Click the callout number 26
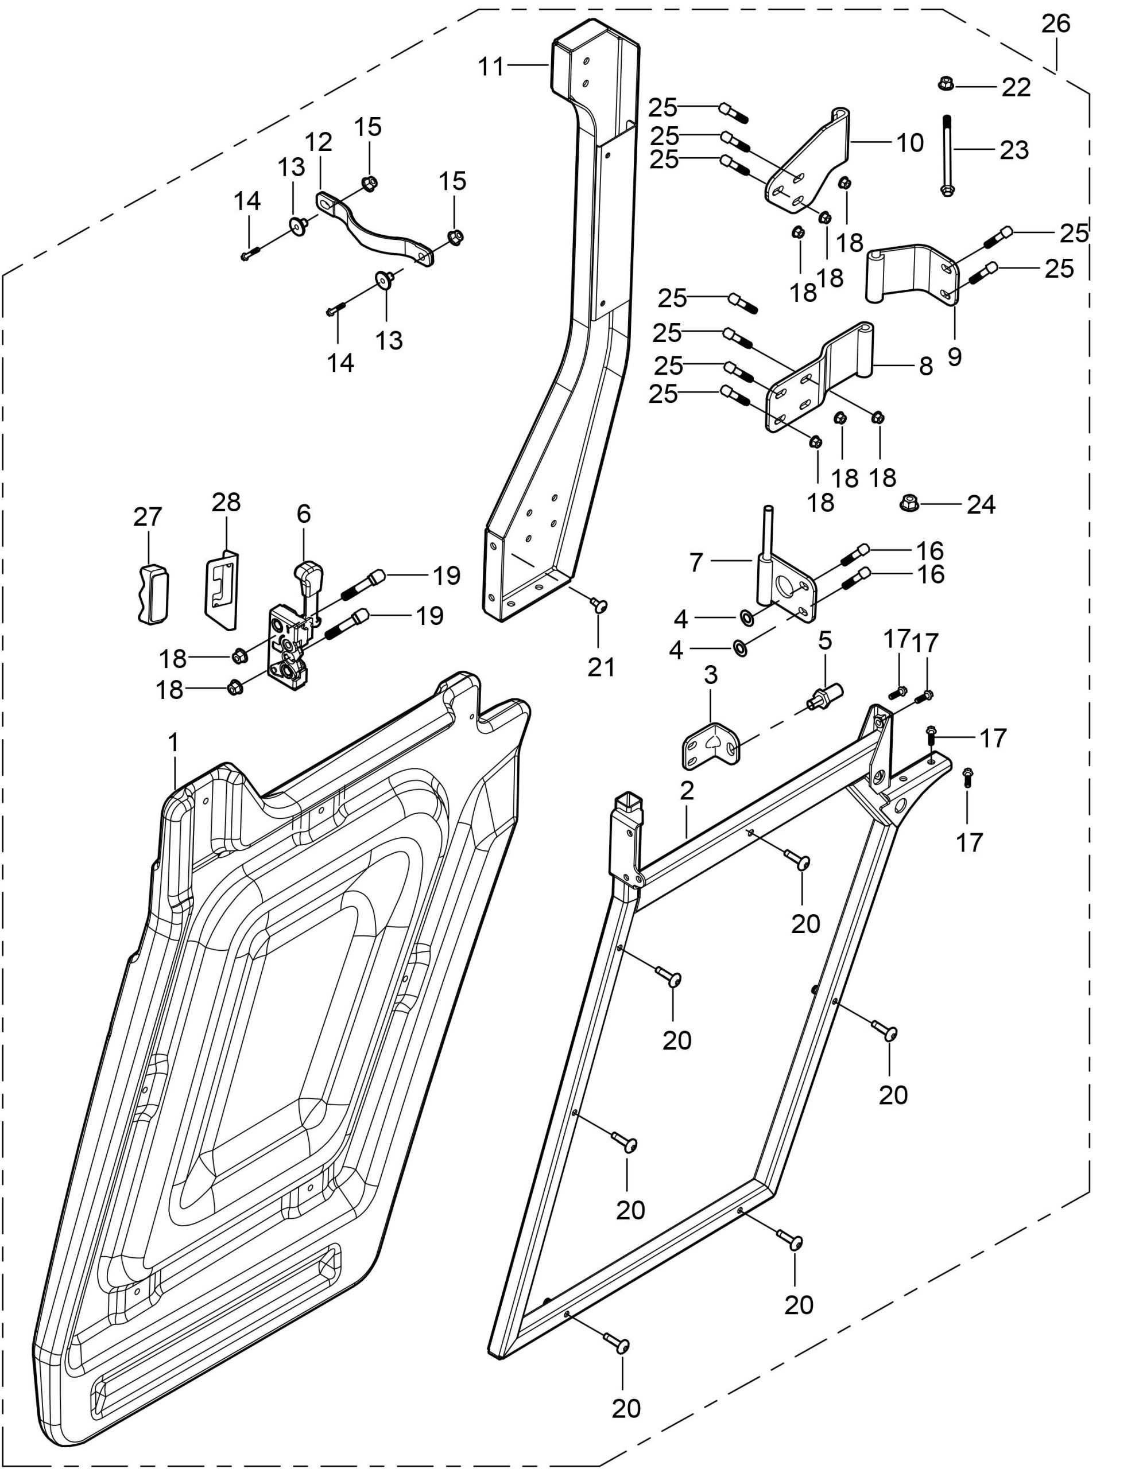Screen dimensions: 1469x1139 [x=1056, y=24]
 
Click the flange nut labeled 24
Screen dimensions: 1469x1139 [x=909, y=503]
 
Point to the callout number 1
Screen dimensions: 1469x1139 [x=173, y=743]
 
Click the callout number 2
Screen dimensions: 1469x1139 [x=685, y=790]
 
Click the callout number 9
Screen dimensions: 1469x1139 [x=954, y=356]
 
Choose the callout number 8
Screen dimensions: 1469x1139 [x=926, y=366]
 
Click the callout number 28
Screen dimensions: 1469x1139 [x=226, y=502]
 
